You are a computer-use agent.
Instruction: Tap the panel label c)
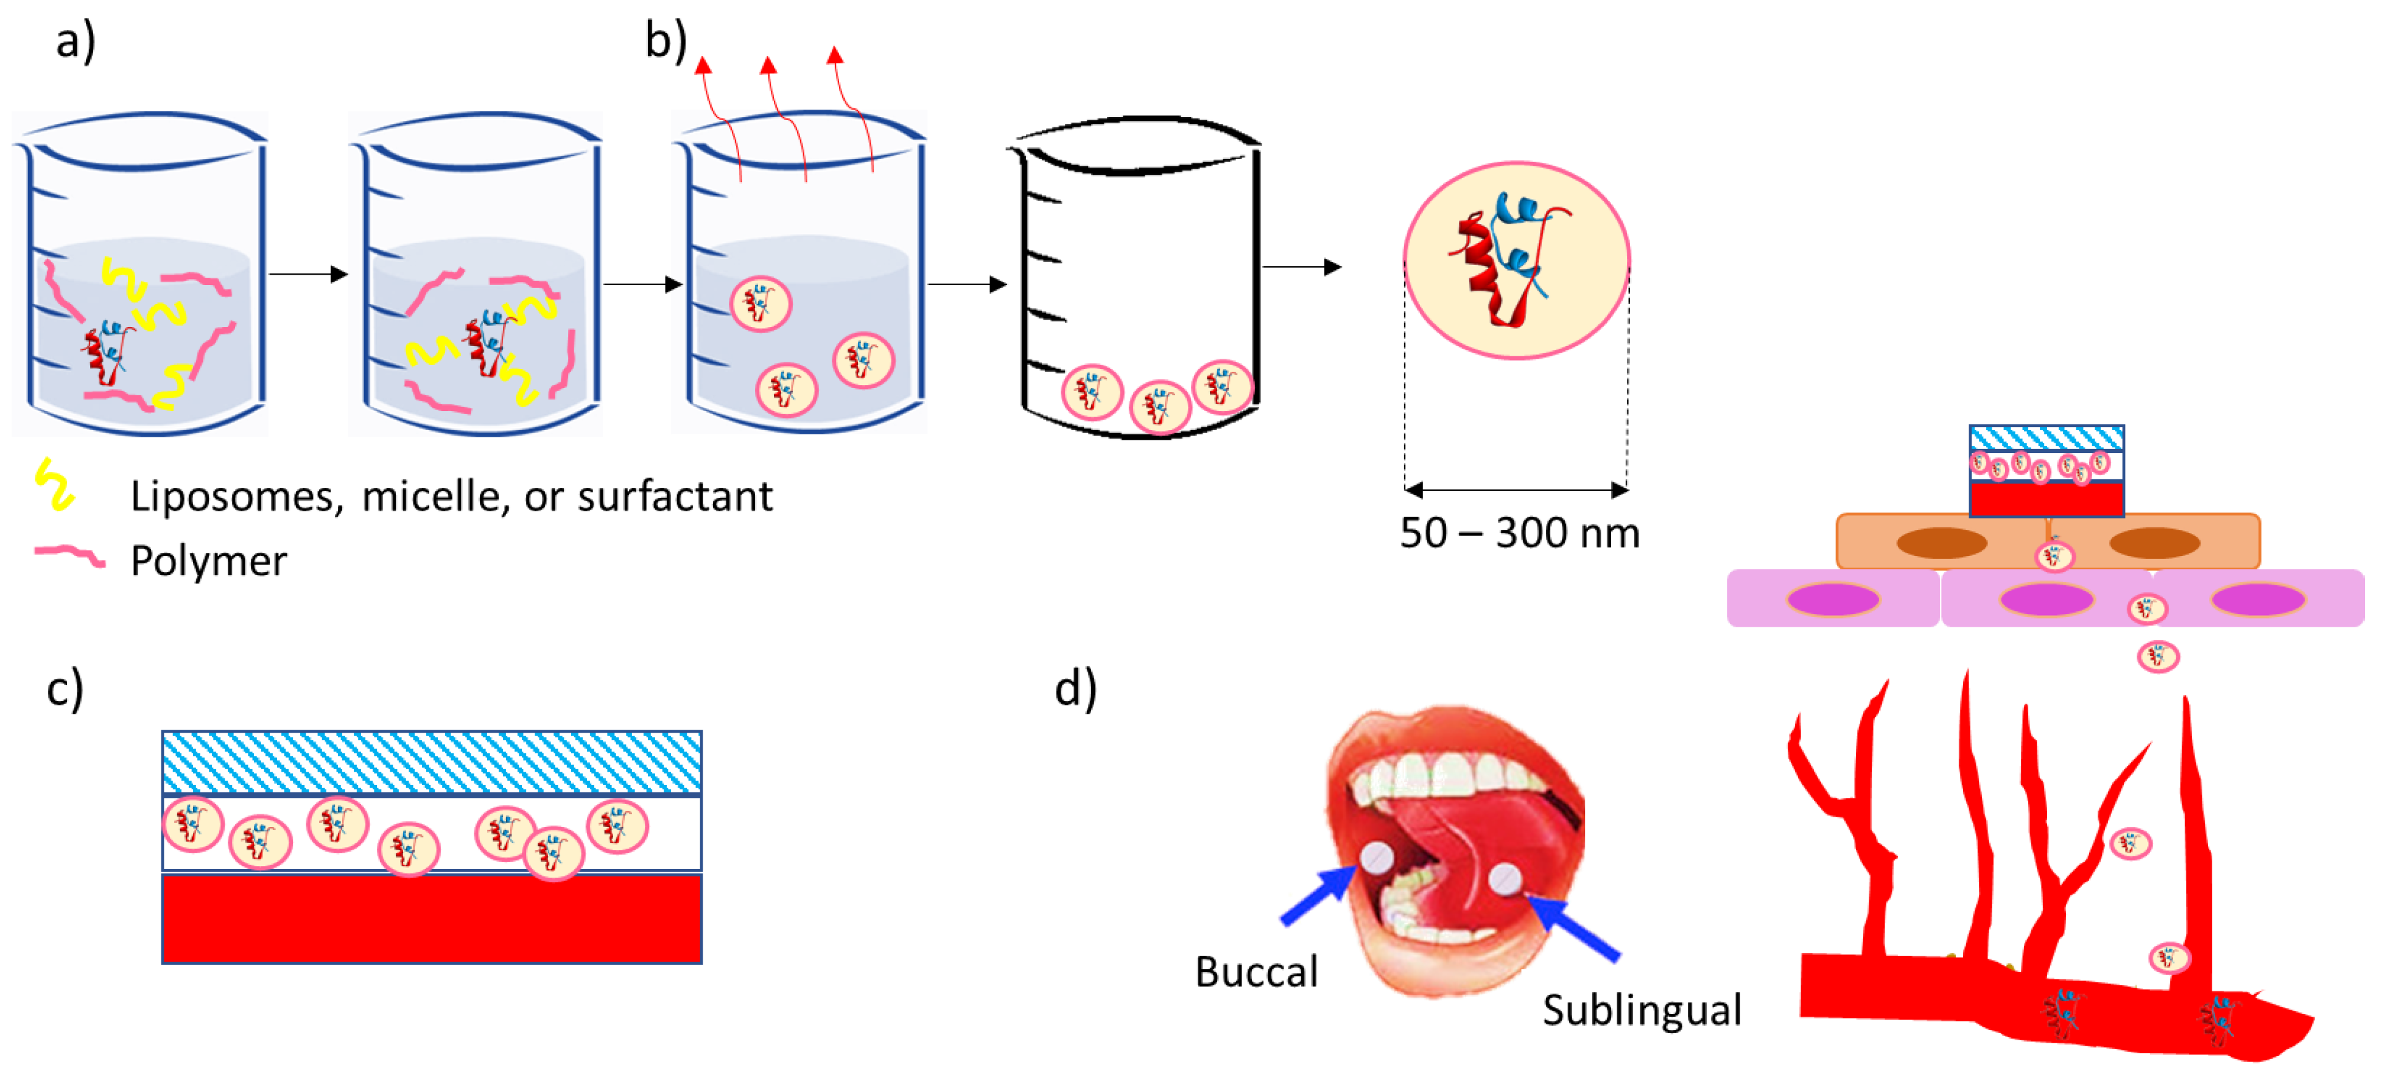click(65, 689)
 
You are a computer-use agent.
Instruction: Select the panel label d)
click(1075, 689)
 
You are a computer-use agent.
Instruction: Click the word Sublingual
click(1642, 1010)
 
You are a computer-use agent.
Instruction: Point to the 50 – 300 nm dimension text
click(1519, 534)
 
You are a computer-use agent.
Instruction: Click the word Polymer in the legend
click(209, 561)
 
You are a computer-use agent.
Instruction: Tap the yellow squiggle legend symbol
click(55, 484)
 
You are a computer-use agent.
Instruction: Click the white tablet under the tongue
click(1505, 878)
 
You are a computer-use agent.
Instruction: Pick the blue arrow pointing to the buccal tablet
click(1318, 897)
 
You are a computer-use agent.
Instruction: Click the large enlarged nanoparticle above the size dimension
click(1517, 261)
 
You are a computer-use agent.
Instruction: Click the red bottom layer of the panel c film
click(432, 919)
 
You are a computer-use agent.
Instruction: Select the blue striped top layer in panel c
click(432, 763)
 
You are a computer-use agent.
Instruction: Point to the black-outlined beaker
click(1138, 277)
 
